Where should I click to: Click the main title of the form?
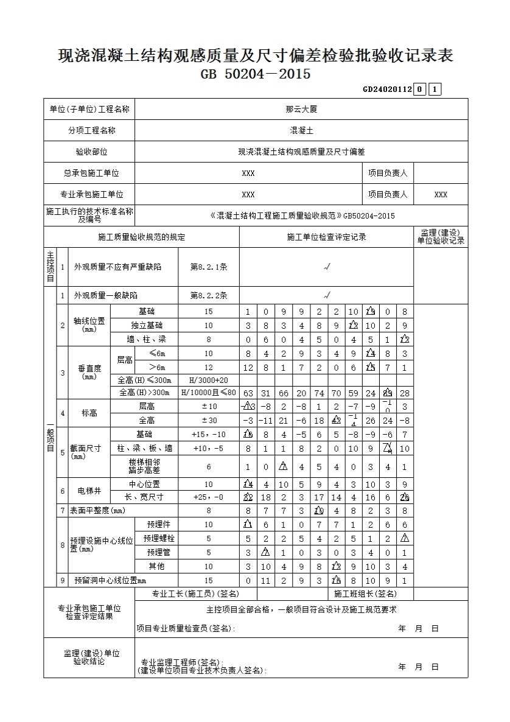[x=255, y=56]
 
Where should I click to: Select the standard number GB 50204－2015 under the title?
[x=255, y=74]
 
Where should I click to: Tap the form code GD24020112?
[x=387, y=89]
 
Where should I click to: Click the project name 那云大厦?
[x=301, y=110]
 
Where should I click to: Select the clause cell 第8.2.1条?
[x=209, y=267]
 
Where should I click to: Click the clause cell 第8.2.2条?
[x=209, y=295]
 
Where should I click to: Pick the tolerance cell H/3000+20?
[x=209, y=380]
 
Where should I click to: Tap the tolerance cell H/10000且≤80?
[x=209, y=393]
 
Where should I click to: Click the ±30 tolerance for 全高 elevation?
[x=209, y=421]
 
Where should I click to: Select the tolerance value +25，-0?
[x=209, y=497]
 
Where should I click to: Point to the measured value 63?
[x=248, y=393]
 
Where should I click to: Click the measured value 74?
[x=319, y=393]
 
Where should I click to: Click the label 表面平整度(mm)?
[x=97, y=511]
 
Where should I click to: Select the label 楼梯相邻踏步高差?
[x=144, y=467]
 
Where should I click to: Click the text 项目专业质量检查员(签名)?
[x=185, y=629]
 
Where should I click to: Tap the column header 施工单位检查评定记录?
[x=326, y=237]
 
